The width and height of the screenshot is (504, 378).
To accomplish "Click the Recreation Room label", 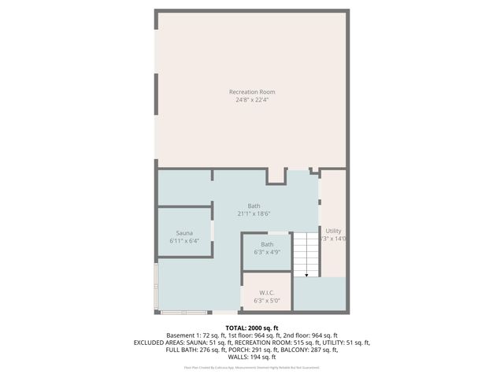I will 252,92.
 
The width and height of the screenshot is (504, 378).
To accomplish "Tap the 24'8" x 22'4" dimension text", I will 252,100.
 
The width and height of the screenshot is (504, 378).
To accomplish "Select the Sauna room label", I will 184,233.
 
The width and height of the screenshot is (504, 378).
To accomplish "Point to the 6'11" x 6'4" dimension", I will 184,241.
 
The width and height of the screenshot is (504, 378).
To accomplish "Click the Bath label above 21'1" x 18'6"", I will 254,206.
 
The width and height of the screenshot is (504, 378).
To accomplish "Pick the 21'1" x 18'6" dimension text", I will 254,214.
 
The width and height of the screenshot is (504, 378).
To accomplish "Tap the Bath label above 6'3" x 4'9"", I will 268,245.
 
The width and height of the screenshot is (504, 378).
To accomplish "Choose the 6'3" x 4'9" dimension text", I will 268,253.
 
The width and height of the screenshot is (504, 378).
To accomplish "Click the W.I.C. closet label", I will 266,292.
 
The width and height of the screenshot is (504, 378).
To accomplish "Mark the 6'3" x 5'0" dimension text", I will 266,300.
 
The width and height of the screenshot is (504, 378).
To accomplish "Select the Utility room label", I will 334,231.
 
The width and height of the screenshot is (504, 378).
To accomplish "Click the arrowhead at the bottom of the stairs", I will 305,275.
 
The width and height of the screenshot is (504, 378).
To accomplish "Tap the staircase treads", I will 305,252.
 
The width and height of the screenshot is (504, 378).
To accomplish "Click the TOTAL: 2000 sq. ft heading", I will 252,328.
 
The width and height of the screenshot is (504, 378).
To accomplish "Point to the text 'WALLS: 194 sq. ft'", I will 252,357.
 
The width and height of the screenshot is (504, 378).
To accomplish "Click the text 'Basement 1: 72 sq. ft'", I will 196,335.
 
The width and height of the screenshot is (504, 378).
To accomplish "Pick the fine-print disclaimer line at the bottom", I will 252,367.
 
